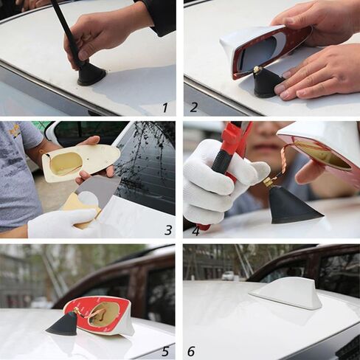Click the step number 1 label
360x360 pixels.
point(165,108)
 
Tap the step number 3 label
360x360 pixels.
point(168,230)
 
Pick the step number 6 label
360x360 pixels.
point(191,351)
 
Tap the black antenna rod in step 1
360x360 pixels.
point(66,30)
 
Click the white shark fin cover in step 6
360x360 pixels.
point(287,293)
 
